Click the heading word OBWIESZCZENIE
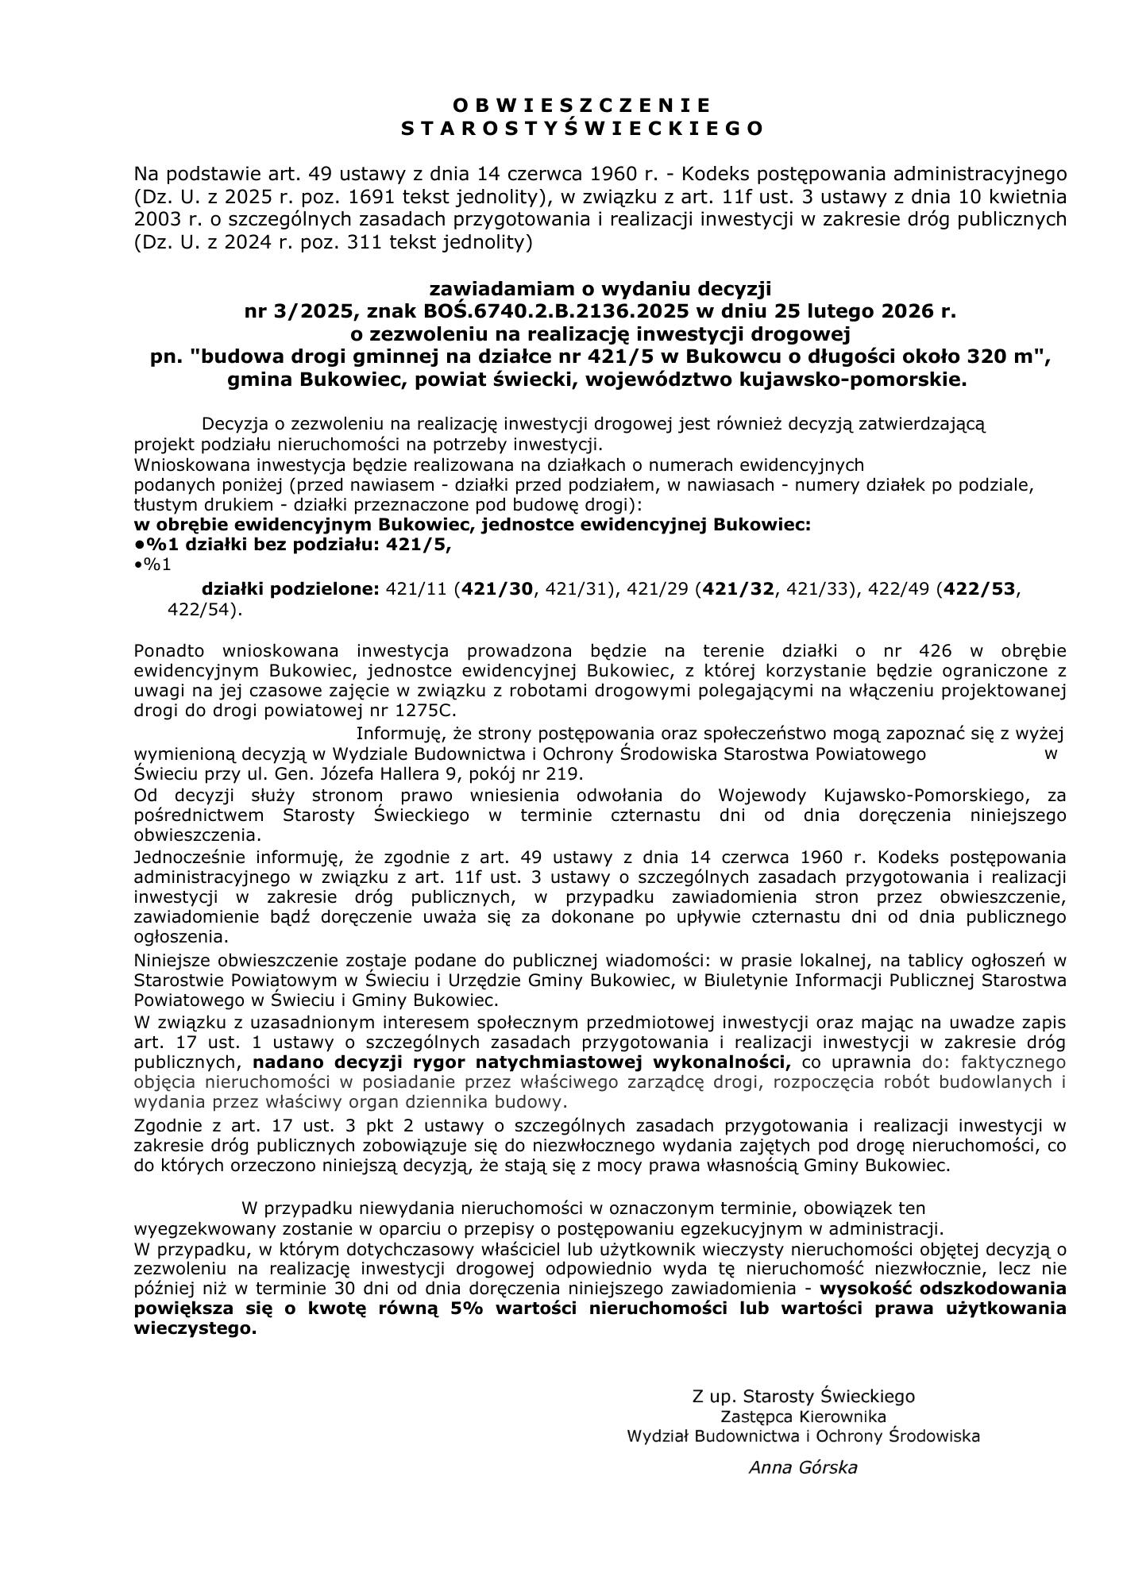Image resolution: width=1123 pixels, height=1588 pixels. [x=582, y=105]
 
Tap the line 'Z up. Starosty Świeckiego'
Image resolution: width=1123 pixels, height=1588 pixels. [x=802, y=1396]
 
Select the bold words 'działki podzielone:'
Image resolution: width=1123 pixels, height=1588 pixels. [x=291, y=589]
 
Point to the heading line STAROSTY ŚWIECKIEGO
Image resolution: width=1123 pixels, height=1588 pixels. [x=582, y=129]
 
